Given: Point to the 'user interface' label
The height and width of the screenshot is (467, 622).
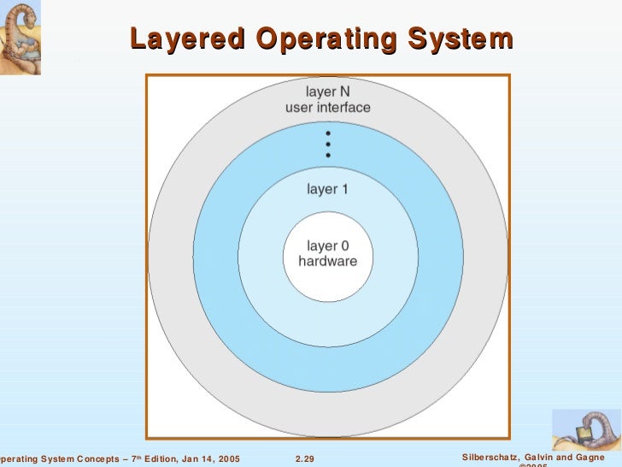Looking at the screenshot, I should point(328,108).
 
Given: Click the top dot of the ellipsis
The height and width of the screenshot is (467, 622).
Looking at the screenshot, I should point(328,133).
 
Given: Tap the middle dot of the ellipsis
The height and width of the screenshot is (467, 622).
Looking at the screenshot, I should point(328,145).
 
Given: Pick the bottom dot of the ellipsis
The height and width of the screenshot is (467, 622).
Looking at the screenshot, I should point(328,156).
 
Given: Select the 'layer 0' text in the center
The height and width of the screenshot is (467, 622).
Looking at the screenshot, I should point(328,246).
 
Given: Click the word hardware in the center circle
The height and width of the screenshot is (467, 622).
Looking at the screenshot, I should point(328,262).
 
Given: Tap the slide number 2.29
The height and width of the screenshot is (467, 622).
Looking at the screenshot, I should point(304,459).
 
